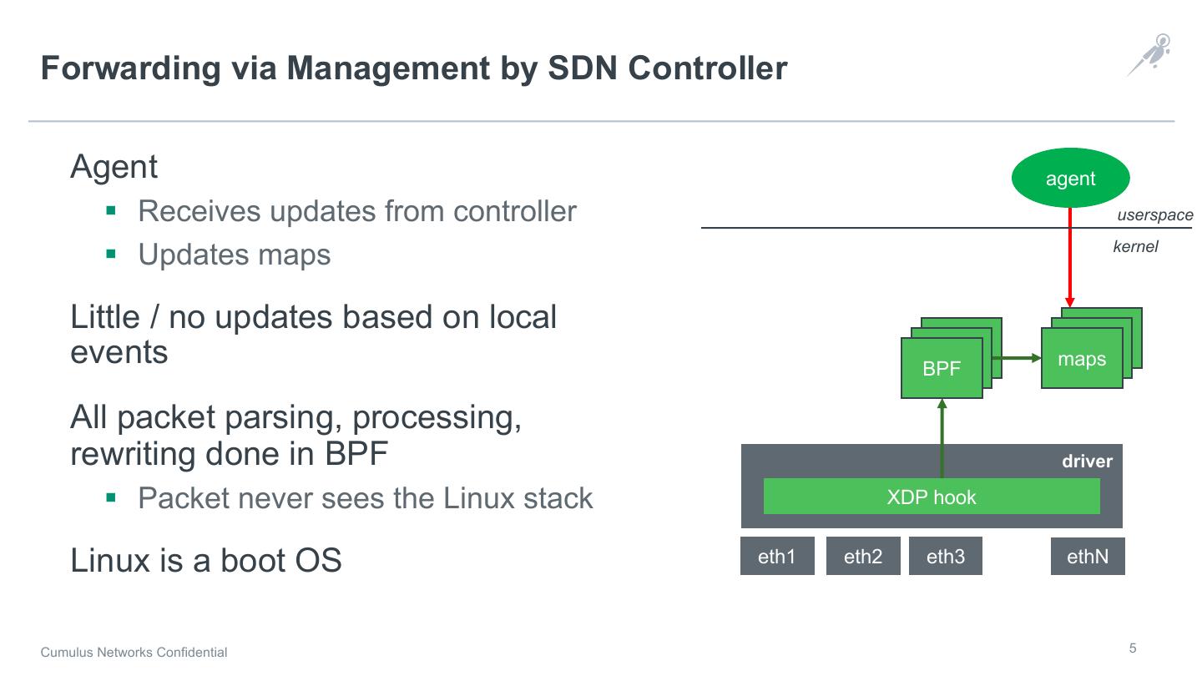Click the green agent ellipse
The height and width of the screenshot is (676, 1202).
pos(1070,178)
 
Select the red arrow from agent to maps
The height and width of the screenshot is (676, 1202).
pos(1070,259)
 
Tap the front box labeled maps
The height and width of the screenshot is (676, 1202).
pos(1082,359)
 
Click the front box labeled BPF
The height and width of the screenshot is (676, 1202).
pos(942,368)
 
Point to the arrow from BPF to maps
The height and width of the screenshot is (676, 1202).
pos(1020,358)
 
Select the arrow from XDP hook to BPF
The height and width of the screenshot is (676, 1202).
pos(942,438)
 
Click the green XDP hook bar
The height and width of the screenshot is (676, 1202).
pos(932,497)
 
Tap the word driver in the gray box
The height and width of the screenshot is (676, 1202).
pos(1087,462)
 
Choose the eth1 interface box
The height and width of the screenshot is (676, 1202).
pos(777,557)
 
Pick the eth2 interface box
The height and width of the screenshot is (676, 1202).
pos(863,557)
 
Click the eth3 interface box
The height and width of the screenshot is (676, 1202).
pos(946,557)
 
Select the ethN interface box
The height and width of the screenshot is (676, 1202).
pos(1088,557)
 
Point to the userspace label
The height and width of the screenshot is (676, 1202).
pos(1154,215)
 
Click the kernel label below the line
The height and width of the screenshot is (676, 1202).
pos(1135,247)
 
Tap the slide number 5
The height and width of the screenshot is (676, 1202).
pos(1133,648)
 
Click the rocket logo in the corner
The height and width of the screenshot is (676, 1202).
pos(1149,54)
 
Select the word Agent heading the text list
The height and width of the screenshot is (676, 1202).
pos(114,167)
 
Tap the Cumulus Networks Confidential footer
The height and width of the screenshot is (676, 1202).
pos(134,653)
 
